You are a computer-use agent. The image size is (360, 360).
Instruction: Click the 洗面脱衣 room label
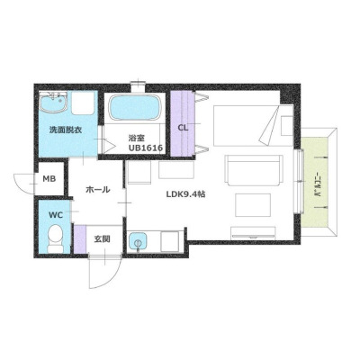point(66,130)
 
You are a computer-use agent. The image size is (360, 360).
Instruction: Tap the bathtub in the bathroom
point(135,108)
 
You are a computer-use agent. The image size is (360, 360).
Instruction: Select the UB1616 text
point(146,148)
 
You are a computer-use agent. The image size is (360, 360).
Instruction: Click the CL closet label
point(183,128)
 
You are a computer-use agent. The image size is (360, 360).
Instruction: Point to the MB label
point(49,179)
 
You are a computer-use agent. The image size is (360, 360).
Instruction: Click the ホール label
point(98,190)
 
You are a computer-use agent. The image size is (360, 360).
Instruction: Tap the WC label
point(56,215)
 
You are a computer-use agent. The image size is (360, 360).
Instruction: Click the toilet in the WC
point(55,238)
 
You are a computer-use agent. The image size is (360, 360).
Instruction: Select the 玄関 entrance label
point(103,239)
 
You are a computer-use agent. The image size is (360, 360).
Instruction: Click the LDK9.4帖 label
point(186,194)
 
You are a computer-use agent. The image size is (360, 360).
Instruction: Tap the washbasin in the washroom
point(53,102)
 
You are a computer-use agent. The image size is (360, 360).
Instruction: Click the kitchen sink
point(139,242)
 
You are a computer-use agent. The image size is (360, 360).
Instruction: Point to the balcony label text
point(318,185)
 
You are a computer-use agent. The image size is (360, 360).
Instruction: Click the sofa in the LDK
point(254,170)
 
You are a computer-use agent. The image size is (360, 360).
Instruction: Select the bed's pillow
point(287,126)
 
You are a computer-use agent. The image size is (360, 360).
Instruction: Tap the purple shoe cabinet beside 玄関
point(80,239)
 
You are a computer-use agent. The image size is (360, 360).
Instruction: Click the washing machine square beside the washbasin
point(83,103)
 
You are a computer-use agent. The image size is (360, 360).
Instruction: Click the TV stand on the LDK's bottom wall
point(253,234)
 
